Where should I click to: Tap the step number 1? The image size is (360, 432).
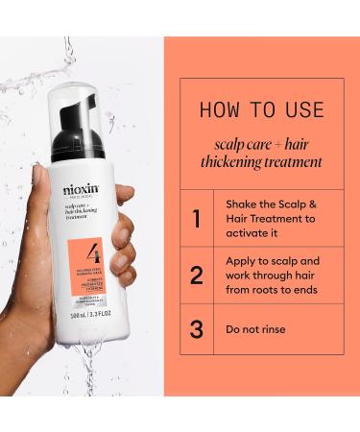point(196,218)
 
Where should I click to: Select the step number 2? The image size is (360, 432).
point(196,276)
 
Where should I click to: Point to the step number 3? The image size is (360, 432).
point(196,329)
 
